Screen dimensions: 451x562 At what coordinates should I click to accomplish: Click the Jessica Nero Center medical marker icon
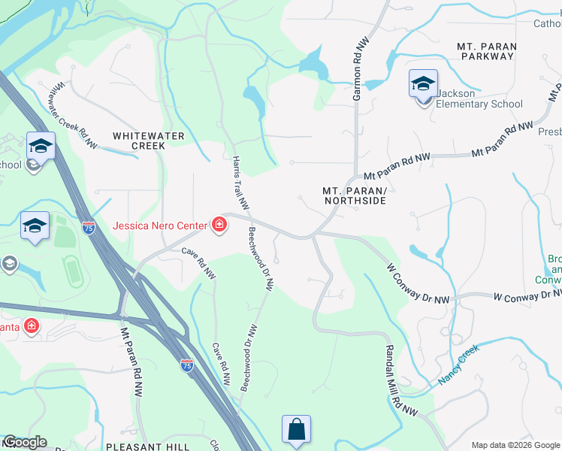[219, 225]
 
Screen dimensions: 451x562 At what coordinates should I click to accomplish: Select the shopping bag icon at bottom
[297, 430]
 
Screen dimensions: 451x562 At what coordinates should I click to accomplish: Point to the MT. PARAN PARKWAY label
[487, 51]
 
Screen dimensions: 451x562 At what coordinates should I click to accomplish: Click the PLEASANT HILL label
[148, 446]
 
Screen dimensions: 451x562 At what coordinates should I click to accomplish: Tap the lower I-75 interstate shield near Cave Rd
[186, 365]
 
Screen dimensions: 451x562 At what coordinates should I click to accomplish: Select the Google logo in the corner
[24, 442]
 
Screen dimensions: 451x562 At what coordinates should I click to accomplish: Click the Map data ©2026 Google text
[515, 445]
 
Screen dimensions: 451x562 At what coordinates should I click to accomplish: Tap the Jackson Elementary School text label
[479, 98]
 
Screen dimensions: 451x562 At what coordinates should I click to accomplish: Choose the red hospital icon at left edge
[32, 326]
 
